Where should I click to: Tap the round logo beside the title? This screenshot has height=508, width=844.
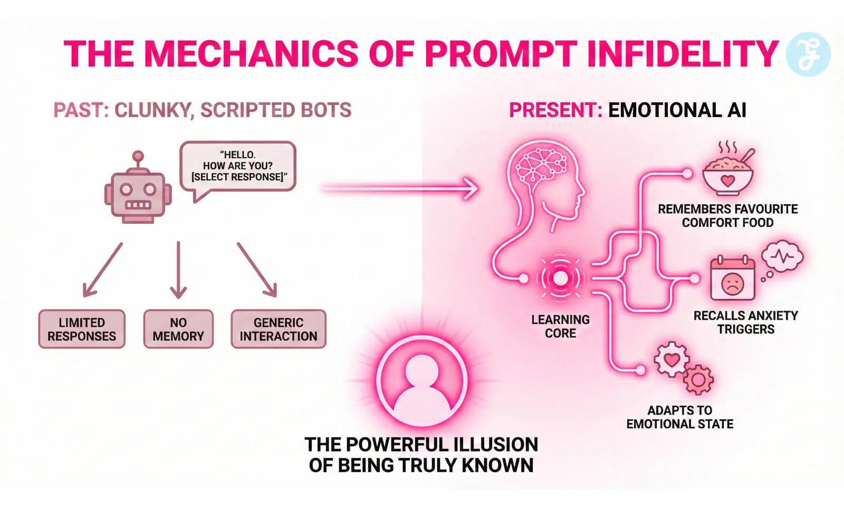point(808,54)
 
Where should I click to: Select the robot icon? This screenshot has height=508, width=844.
point(138,191)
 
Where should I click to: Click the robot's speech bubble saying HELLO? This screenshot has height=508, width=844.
point(237,166)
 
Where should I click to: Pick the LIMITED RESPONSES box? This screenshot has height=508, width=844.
point(82,329)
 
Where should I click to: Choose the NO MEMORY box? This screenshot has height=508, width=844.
point(178,329)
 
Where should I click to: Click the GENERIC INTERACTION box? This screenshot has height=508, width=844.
point(279,329)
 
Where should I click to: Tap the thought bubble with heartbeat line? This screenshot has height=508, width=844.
point(782,256)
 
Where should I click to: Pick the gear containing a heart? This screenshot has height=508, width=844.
point(672,360)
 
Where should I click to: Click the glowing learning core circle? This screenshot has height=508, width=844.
point(560,278)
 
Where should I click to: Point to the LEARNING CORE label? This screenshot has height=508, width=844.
point(560,327)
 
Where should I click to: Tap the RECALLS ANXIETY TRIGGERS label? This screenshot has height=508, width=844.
point(745,322)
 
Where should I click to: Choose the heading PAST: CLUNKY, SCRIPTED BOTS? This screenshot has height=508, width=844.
point(202,110)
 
